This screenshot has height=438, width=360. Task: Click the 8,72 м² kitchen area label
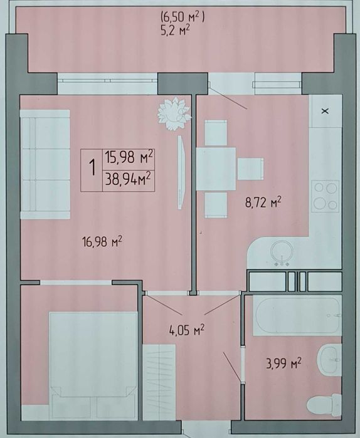coord(263,202)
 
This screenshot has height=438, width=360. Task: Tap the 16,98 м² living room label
coord(102,241)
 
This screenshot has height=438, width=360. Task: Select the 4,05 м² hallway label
coord(187,330)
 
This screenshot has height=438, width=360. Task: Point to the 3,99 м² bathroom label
coord(283,364)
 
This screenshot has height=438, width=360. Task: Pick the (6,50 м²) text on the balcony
coord(183,18)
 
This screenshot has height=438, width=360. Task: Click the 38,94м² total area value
coord(129,179)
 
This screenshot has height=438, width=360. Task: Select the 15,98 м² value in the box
coord(129,157)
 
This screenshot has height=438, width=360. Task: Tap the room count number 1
coord(92,168)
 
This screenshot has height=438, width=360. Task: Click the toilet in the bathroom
coord(324,404)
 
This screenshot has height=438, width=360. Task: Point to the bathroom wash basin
coord(329,360)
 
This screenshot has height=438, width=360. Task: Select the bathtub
coord(297,315)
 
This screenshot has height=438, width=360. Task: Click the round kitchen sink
coord(282,251)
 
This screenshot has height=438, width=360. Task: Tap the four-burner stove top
coord(326,196)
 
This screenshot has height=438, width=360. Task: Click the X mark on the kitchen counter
coord(325,111)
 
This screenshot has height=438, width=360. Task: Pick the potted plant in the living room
coord(174,113)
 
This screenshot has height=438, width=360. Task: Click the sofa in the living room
coord(45,164)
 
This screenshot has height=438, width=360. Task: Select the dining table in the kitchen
coord(216,169)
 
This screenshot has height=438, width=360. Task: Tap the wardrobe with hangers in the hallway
coord(159,382)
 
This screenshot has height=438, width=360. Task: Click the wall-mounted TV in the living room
coord(182,172)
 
